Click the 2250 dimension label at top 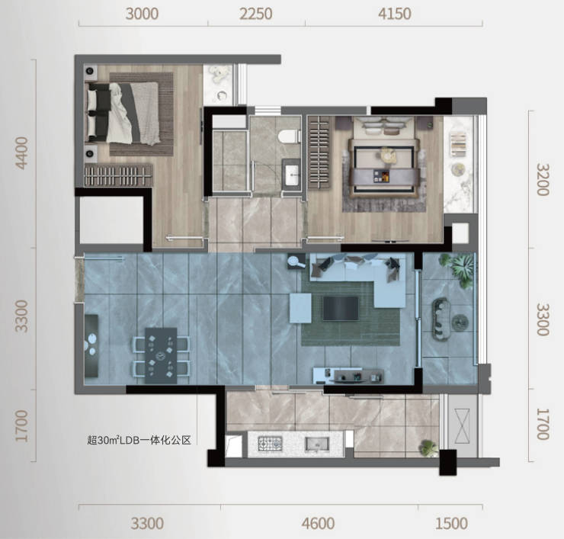click(x=256, y=14)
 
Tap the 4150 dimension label click(x=395, y=14)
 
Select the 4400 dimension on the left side click(x=22, y=153)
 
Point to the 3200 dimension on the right click(x=543, y=179)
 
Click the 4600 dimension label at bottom click(x=319, y=524)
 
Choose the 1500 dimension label click(x=451, y=524)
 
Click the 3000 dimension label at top click(x=142, y=14)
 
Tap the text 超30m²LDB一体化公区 click(x=139, y=440)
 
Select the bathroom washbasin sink click(x=291, y=174)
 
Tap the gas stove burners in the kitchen click(x=270, y=444)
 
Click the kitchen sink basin click(x=317, y=444)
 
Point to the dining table click(x=161, y=355)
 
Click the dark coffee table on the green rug click(x=341, y=308)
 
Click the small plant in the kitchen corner click(x=428, y=448)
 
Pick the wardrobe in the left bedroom click(x=118, y=175)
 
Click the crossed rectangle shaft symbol click(x=462, y=426)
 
